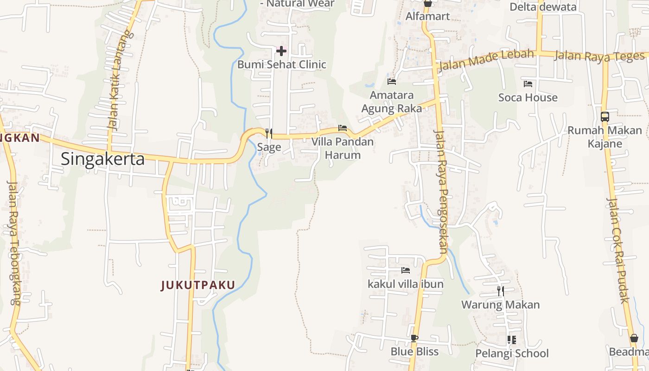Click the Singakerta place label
click(x=102, y=159)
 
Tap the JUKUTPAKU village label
click(x=198, y=285)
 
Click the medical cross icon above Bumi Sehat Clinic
click(x=281, y=51)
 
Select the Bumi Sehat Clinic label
click(x=282, y=64)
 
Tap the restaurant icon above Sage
click(x=268, y=134)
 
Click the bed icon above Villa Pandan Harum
click(x=343, y=128)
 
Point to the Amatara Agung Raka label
click(x=392, y=102)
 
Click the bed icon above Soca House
click(x=528, y=84)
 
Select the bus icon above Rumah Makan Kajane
click(x=604, y=117)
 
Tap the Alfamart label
click(x=427, y=16)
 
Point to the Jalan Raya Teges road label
click(x=599, y=56)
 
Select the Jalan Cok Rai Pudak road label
click(x=618, y=250)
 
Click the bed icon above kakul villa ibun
click(x=406, y=270)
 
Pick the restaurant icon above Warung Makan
click(x=501, y=291)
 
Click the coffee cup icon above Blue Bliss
click(x=414, y=338)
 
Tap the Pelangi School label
click(x=512, y=353)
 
